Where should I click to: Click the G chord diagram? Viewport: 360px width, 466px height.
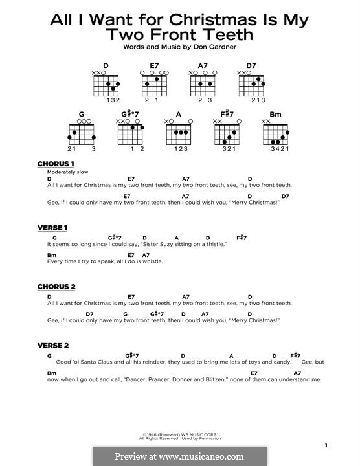pyautogui.click(x=82, y=134)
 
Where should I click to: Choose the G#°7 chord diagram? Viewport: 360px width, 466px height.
pyautogui.click(x=130, y=134)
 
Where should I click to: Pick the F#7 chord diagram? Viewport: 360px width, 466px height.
pyautogui.click(x=227, y=134)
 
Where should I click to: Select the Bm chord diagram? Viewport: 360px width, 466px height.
pyautogui.click(x=276, y=134)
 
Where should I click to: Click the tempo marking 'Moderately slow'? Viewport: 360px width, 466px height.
pyautogui.click(x=67, y=172)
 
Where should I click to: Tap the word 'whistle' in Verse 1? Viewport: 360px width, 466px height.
pyautogui.click(x=152, y=261)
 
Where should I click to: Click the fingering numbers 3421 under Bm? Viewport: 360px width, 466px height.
pyautogui.click(x=276, y=149)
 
